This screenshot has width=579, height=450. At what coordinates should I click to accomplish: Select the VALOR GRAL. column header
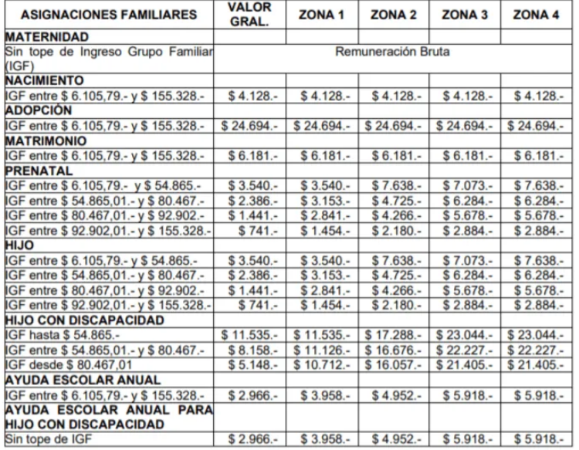coord(249,15)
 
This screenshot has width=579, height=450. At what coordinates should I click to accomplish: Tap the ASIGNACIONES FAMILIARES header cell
coord(109,15)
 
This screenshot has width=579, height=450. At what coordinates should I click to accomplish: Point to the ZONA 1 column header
coord(323,15)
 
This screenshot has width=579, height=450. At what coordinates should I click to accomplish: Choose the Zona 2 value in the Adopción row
coord(394,126)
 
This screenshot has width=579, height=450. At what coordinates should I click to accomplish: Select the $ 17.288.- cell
coord(394,336)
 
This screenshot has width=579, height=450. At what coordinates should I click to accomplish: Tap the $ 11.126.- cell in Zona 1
coord(322,350)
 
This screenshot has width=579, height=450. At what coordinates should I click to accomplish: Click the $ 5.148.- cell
coord(249,364)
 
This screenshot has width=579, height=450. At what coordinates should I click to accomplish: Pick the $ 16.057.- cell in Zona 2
coord(394,364)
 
